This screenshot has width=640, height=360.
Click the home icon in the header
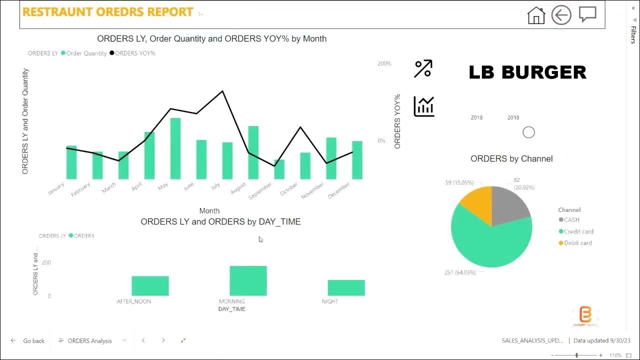click(536, 15)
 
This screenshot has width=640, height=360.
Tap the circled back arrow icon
click(561, 15)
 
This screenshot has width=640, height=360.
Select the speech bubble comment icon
click(587, 14)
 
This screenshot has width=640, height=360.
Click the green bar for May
click(175, 148)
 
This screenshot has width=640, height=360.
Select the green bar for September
click(279, 169)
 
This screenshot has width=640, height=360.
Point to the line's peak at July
click(222, 91)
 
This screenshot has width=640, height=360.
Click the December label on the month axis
click(339, 190)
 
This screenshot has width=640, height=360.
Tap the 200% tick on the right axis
click(384, 63)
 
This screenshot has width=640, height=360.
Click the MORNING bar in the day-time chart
click(248, 280)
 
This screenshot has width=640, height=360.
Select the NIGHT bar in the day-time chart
click(346, 287)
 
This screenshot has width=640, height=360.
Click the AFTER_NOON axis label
click(133, 301)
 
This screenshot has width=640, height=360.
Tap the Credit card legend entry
click(578, 231)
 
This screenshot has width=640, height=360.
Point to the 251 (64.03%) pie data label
click(462, 272)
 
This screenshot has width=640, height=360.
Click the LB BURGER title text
click(527, 72)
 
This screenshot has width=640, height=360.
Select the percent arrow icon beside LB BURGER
click(423, 69)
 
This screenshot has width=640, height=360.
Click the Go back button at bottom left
click(28, 341)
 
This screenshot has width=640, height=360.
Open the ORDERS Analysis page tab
click(90, 341)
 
